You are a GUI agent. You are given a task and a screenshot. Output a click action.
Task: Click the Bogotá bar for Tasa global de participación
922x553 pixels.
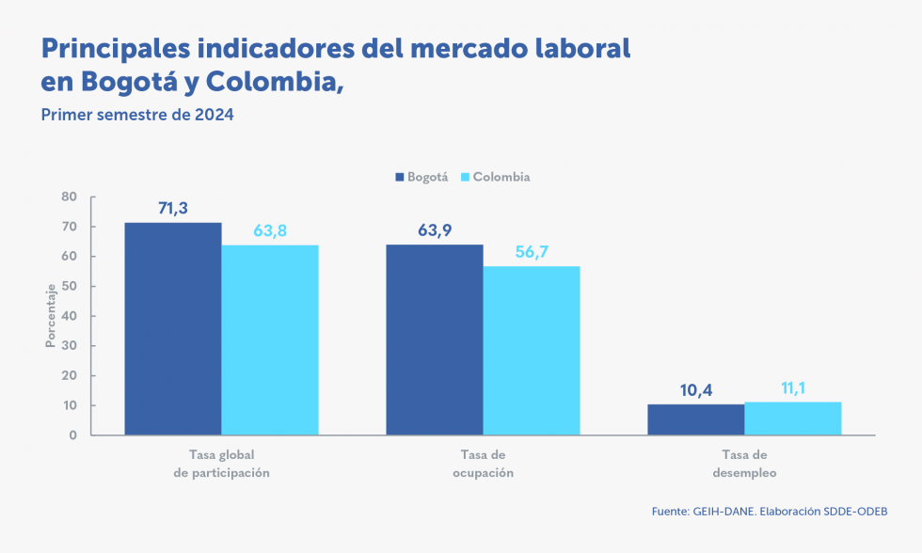(x=173, y=329)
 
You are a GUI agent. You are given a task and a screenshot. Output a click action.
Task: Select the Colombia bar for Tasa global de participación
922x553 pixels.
(x=270, y=340)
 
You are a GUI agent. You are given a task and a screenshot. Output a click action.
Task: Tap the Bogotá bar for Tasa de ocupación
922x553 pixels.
(x=435, y=340)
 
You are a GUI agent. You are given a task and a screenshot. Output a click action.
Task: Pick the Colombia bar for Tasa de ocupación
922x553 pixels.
(x=532, y=351)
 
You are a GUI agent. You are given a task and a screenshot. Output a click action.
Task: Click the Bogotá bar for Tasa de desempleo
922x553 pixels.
(x=695, y=419)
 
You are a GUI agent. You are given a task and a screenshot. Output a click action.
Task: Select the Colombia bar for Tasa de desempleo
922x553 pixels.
(x=792, y=419)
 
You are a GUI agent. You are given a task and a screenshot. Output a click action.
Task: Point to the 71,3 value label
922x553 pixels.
(x=173, y=209)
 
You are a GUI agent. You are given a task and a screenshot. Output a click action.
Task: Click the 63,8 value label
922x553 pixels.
(x=270, y=231)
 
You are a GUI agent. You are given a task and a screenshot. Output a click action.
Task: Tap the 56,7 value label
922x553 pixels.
(x=532, y=252)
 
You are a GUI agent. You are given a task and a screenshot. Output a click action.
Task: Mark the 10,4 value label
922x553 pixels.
(x=695, y=390)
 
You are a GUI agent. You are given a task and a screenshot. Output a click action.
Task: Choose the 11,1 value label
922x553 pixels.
(x=792, y=388)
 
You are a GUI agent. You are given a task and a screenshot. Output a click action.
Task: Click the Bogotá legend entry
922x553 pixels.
(x=421, y=177)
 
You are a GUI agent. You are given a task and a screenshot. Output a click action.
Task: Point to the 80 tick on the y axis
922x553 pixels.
(x=70, y=197)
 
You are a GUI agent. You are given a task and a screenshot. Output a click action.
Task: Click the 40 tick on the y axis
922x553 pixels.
(x=70, y=316)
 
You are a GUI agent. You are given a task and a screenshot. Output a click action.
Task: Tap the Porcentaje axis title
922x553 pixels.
(x=50, y=316)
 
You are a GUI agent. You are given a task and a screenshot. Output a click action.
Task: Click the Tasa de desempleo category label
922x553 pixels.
(x=744, y=464)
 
